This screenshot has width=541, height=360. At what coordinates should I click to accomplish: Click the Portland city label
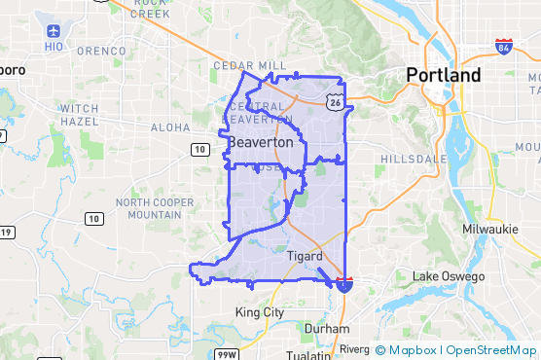[x=443, y=76]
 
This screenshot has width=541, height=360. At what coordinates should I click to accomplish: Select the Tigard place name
[x=305, y=256]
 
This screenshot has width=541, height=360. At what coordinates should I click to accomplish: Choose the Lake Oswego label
[x=449, y=276]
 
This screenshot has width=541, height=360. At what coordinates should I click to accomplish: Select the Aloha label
[x=170, y=127]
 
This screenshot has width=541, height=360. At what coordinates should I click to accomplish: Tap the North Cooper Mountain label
[x=148, y=208]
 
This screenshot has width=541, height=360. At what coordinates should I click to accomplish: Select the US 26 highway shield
[x=335, y=101]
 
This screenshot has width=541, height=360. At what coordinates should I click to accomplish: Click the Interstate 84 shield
[x=503, y=46]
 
